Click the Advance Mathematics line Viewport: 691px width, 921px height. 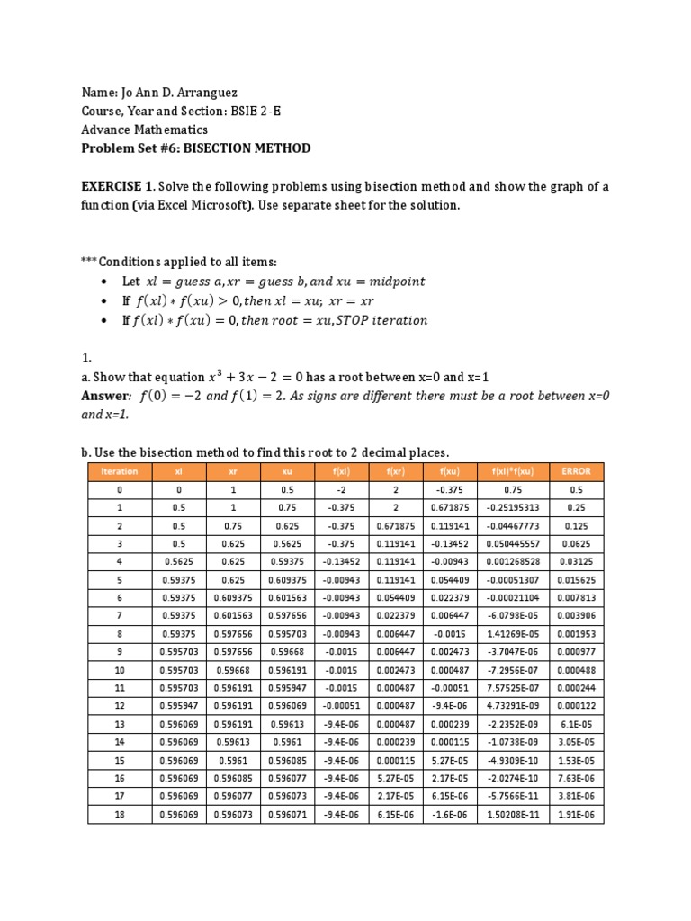pyautogui.click(x=144, y=130)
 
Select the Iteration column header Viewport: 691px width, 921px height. pyautogui.click(x=120, y=471)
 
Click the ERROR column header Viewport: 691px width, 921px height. pyautogui.click(x=576, y=471)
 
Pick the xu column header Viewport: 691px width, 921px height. pyautogui.click(x=285, y=471)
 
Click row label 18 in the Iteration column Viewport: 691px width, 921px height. pyautogui.click(x=120, y=814)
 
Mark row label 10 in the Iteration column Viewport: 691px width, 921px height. pyautogui.click(x=120, y=671)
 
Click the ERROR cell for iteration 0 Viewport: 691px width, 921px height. pyautogui.click(x=576, y=490)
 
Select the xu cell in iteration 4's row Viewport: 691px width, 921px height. pyautogui.click(x=285, y=562)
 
